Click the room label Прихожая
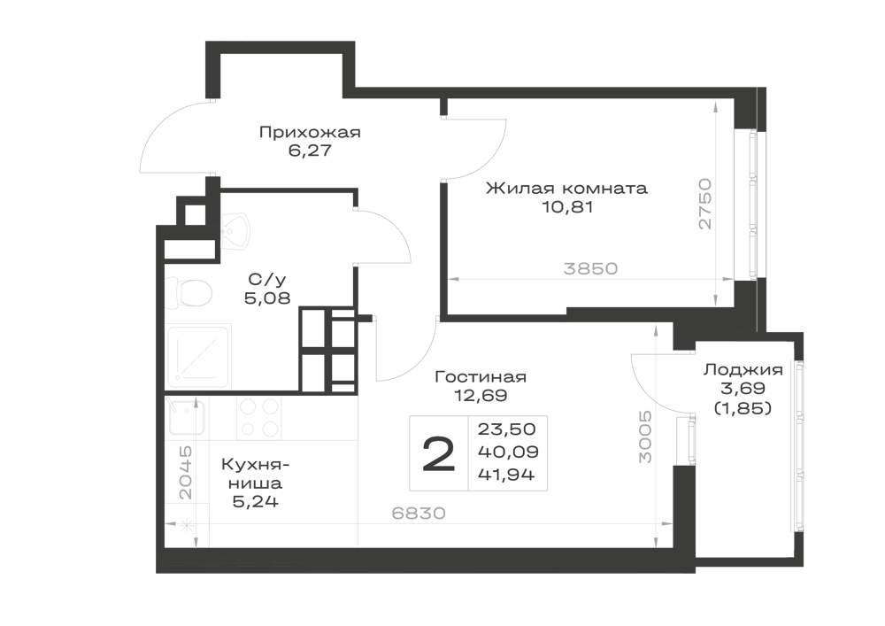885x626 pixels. coord(309,133)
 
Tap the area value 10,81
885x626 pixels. coord(567,206)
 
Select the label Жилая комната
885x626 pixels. coord(566,188)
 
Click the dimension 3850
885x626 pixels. coord(590,268)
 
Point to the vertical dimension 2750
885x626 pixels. coord(705,204)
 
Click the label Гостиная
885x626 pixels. coord(481,376)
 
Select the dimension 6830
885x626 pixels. coord(419,513)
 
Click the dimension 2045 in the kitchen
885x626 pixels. coord(185,473)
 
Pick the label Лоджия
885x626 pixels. coord(743,370)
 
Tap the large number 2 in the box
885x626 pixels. coord(439,455)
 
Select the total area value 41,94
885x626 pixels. coord(506,475)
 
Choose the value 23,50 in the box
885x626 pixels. coord(506,429)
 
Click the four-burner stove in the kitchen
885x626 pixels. coord(259,417)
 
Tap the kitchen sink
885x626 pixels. coord(185,415)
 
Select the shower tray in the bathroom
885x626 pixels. coord(198,356)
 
